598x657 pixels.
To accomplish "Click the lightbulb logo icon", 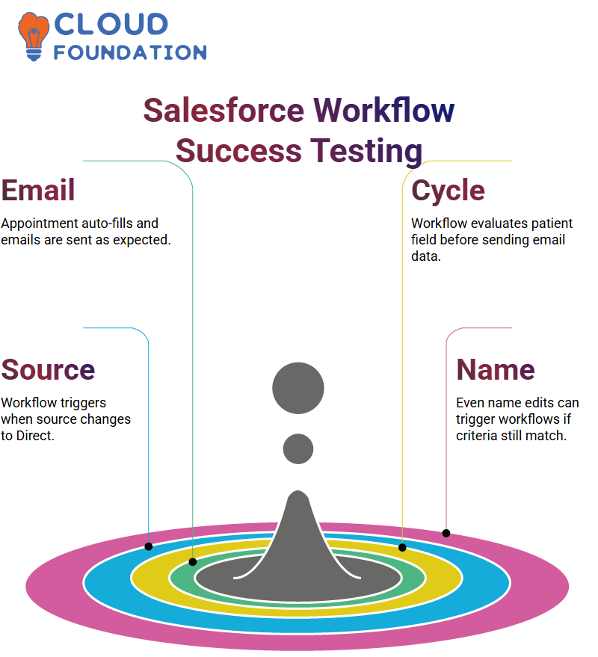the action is (x=33, y=37).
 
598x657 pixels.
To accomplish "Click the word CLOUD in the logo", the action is (x=111, y=24).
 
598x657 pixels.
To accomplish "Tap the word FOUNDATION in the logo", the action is (x=130, y=52).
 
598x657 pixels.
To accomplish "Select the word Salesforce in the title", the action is (x=224, y=110).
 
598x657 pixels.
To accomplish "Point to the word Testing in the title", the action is (x=366, y=152).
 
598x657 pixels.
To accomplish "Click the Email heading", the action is (x=38, y=191).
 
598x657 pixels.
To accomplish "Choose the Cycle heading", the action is (x=448, y=191).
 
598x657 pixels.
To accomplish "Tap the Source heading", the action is (x=48, y=369).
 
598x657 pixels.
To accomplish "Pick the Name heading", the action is (x=496, y=369).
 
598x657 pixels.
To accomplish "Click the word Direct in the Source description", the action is (x=35, y=436).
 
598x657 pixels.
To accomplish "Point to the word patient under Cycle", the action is (x=552, y=223).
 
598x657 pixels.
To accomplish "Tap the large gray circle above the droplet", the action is (x=298, y=388).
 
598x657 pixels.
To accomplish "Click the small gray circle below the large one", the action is (x=298, y=448).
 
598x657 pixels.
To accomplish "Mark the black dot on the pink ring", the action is (x=446, y=534).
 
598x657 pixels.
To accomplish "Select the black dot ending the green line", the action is (x=193, y=562).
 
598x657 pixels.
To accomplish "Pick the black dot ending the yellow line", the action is (x=402, y=548).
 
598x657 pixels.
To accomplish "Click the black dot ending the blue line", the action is (x=149, y=546).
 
